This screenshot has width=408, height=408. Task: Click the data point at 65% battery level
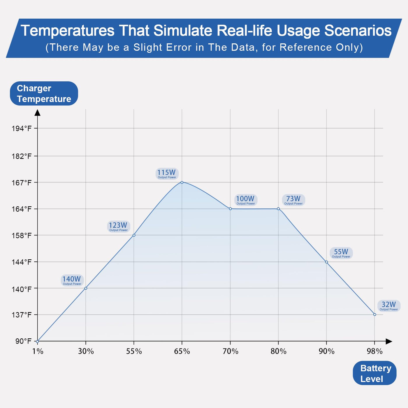pos(182,182)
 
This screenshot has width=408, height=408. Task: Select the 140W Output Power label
pos(72,280)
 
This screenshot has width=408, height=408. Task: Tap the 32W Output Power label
pos(389,306)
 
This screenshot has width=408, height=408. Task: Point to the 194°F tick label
pos(22,128)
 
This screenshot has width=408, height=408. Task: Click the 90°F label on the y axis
pos(23,341)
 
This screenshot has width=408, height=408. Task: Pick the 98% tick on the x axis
pos(374,351)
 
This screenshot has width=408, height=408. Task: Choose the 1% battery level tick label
pos(38,351)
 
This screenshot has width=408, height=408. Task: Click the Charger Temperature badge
pos(44,94)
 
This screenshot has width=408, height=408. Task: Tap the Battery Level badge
pos(374,373)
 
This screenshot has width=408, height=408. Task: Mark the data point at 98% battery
pos(374,314)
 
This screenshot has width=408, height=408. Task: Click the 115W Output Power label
pos(167,174)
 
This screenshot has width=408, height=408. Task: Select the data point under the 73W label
pos(278,209)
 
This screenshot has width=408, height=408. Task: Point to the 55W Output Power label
pos(341,253)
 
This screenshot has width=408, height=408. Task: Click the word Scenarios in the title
pos(358,31)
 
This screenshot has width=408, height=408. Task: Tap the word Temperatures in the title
pos(68,31)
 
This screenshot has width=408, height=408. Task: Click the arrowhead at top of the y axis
pos(38,112)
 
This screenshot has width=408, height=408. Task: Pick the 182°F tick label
pos(22,156)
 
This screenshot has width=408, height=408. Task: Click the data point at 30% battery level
pos(86,288)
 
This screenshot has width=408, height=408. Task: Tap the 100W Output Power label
pos(245,200)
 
